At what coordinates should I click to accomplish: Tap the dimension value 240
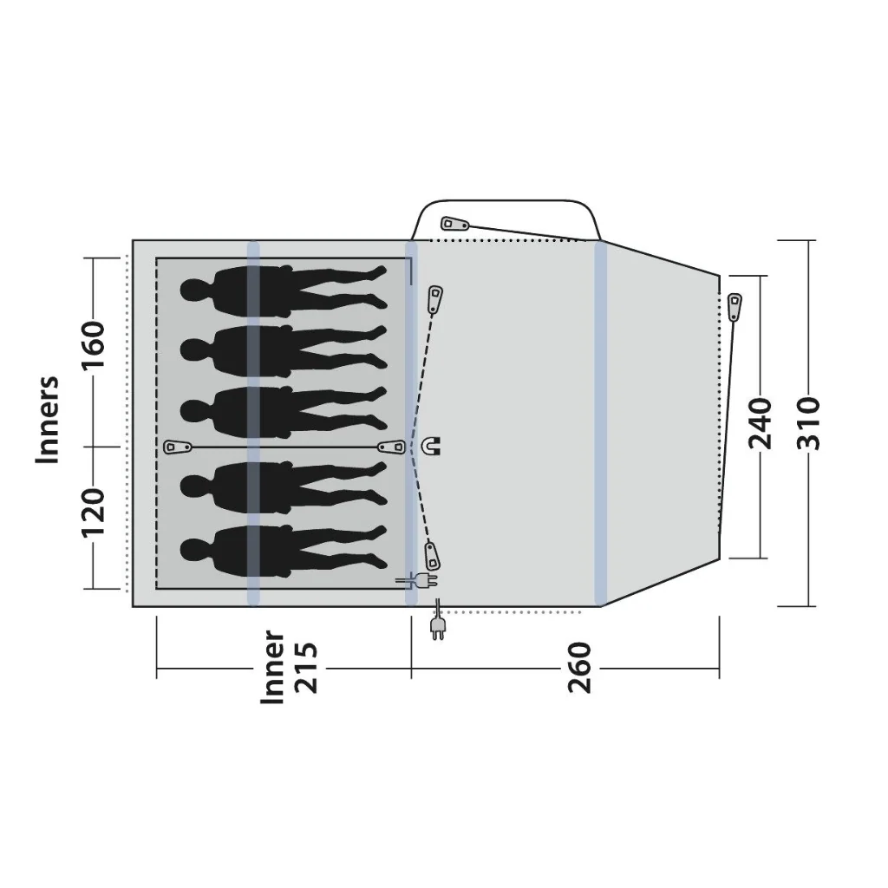click(761, 423)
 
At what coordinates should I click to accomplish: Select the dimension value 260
click(579, 668)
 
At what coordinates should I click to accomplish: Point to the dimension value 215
click(306, 668)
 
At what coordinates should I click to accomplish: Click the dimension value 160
click(95, 344)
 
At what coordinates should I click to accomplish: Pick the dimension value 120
click(95, 513)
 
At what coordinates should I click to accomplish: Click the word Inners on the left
click(48, 419)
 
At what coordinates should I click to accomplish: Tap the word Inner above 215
click(272, 668)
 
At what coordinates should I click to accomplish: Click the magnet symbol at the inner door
click(432, 446)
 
